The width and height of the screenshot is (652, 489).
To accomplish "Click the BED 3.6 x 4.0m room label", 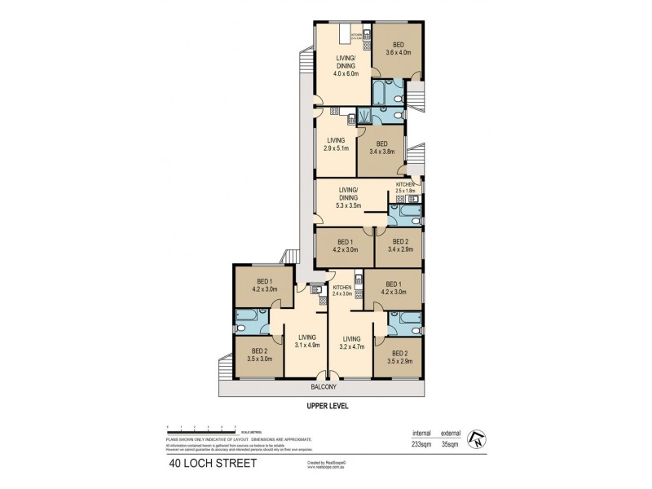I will [397, 49].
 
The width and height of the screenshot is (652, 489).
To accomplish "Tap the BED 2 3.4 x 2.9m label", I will [399, 246].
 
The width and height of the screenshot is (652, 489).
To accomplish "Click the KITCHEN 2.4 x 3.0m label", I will [342, 291].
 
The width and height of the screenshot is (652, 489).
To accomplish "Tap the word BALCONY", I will [323, 387].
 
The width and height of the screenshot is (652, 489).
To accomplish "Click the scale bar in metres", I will [200, 428].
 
